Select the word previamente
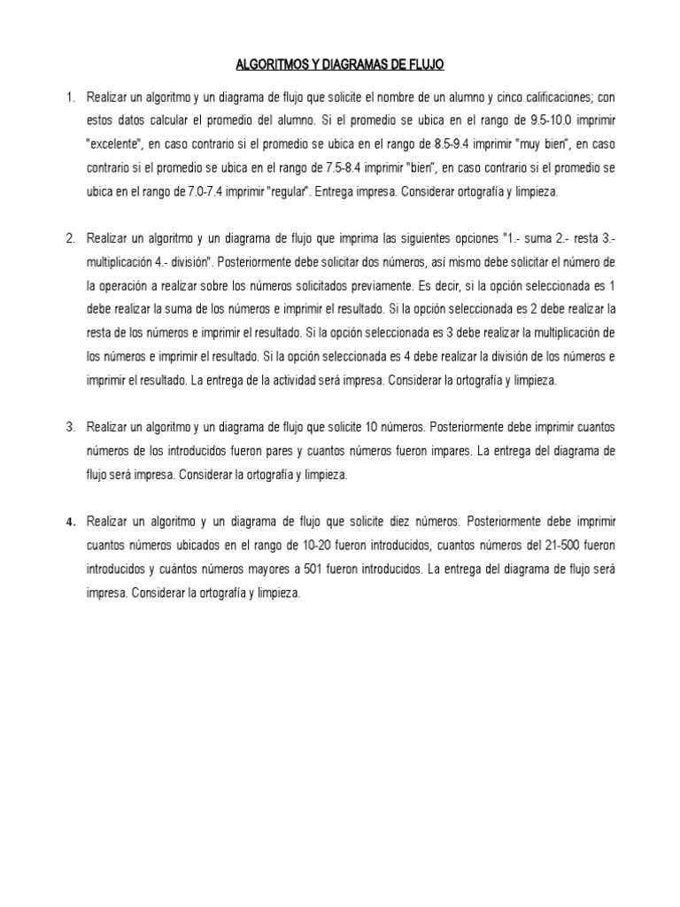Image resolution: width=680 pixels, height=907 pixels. pos(392,285)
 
